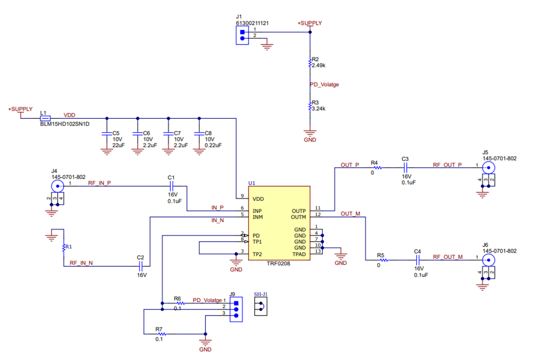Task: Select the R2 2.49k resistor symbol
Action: (x=310, y=63)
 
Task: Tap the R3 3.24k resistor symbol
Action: (x=310, y=106)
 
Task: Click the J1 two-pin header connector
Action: (x=242, y=35)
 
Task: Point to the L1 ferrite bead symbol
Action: (x=45, y=118)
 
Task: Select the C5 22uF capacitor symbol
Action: (x=107, y=133)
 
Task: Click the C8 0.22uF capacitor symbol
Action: (x=199, y=133)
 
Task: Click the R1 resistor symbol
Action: (x=64, y=248)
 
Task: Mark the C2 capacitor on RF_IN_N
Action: (x=141, y=266)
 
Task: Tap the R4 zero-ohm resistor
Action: (x=377, y=168)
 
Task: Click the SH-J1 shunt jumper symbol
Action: (x=261, y=306)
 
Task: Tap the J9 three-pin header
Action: (x=236, y=310)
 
